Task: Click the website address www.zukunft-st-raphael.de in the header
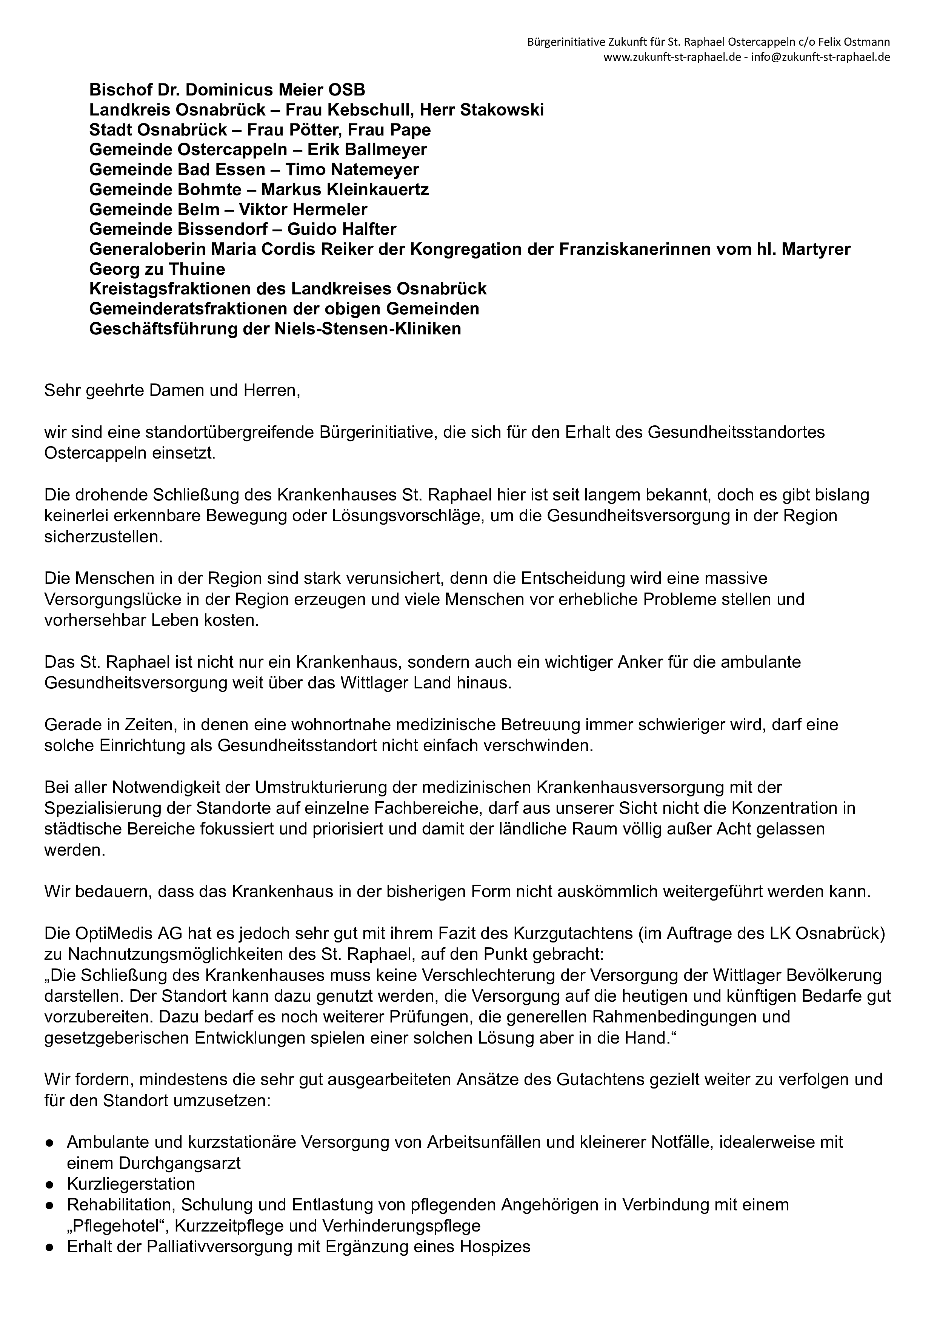(x=672, y=57)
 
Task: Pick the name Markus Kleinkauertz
(x=345, y=189)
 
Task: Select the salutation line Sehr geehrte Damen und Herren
(x=172, y=391)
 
